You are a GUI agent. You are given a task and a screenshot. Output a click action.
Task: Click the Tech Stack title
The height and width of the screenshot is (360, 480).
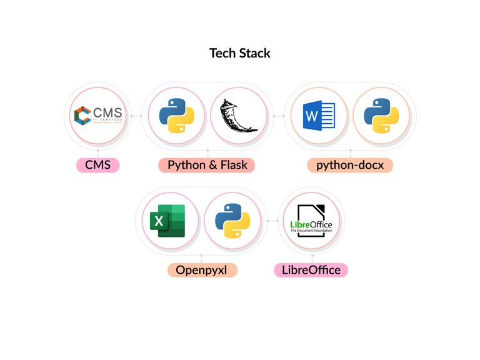click(240, 53)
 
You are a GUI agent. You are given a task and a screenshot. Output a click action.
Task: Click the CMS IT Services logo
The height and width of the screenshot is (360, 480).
click(98, 116)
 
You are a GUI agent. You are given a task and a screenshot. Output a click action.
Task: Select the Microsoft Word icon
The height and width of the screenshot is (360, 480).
click(319, 116)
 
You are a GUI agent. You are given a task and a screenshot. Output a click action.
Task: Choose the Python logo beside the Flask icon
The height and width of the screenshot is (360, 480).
click(176, 116)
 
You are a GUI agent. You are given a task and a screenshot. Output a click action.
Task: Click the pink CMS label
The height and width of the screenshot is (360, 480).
click(97, 166)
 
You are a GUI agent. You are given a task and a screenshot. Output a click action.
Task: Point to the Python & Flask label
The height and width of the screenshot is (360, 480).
click(207, 166)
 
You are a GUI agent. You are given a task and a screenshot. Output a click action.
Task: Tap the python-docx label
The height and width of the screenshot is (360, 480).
click(350, 166)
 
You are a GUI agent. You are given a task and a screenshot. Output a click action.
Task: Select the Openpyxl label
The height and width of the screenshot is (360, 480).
click(201, 270)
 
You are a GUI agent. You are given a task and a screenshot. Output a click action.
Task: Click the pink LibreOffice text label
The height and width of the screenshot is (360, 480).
click(311, 270)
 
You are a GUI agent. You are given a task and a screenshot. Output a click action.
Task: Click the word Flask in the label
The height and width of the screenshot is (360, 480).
click(233, 166)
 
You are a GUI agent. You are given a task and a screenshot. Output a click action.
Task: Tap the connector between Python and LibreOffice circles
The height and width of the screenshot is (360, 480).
click(272, 221)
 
